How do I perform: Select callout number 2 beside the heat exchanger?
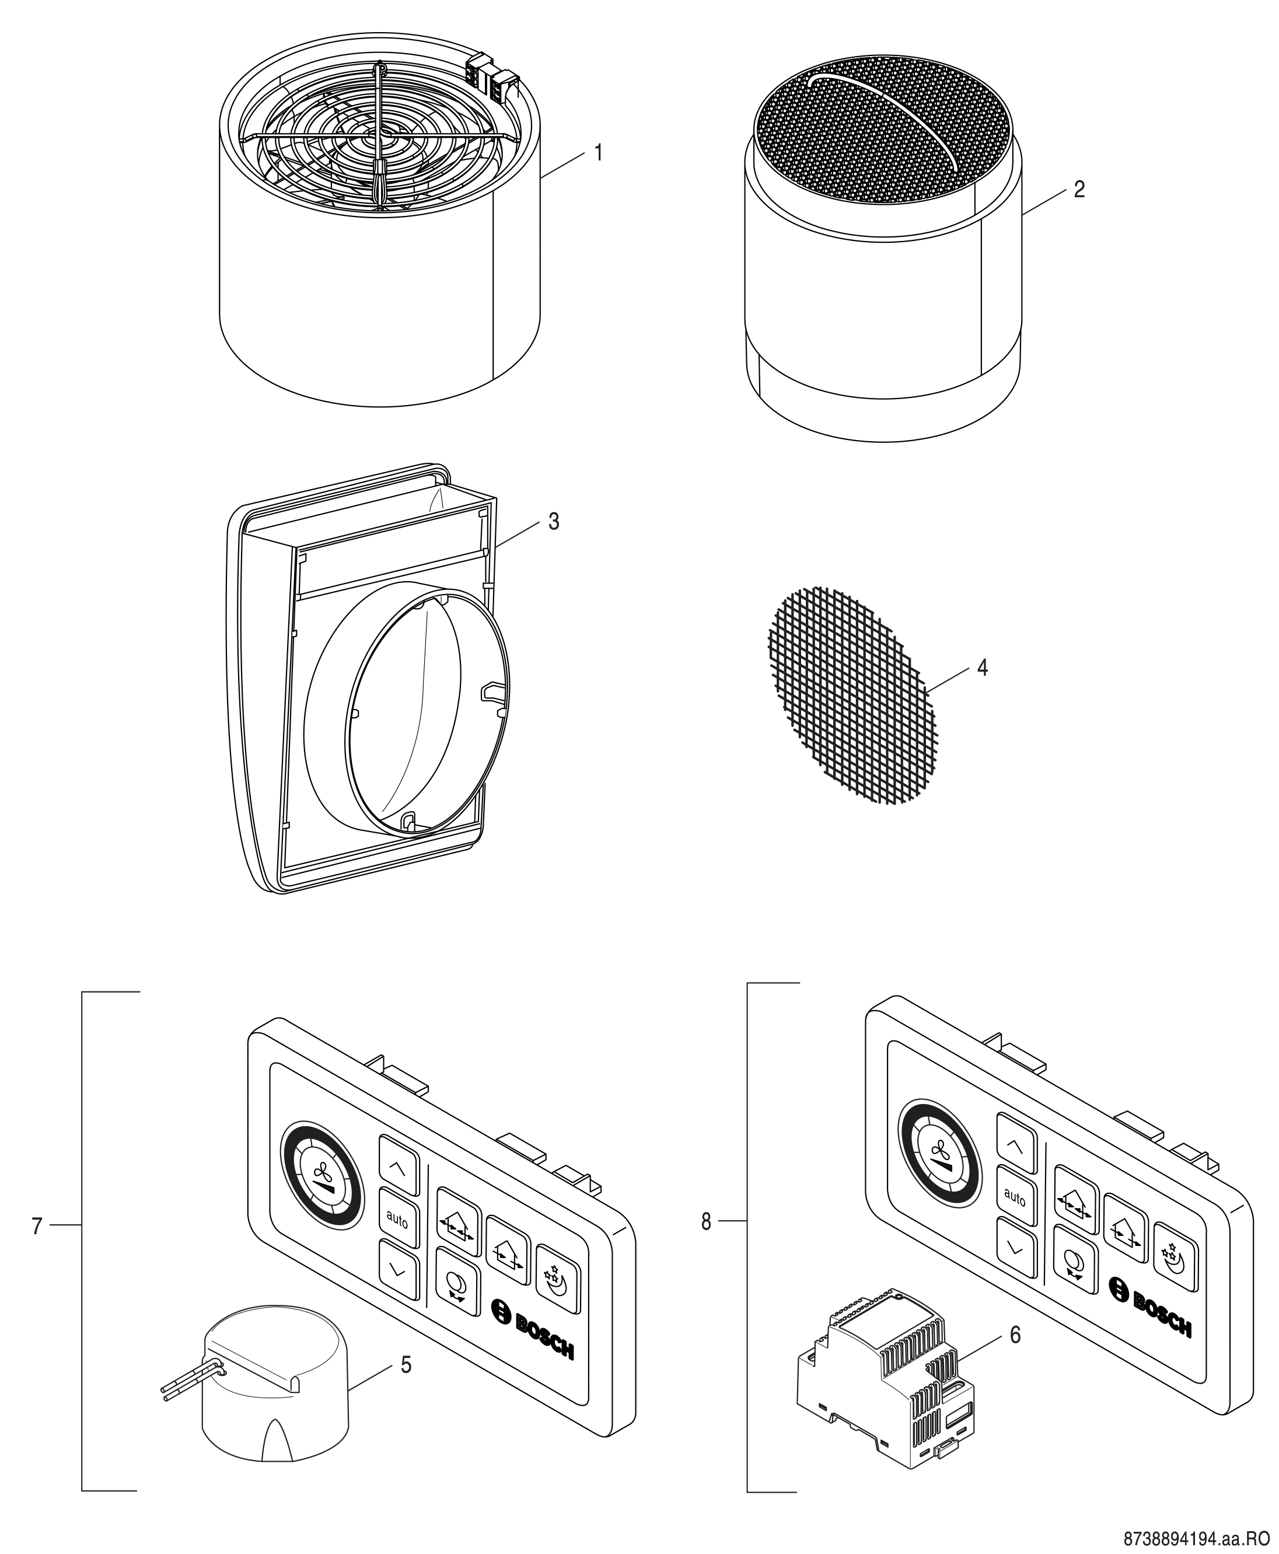tap(1079, 190)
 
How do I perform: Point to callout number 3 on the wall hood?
tap(553, 521)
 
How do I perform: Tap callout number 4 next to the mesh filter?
tap(982, 668)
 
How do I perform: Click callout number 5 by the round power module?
tap(406, 1364)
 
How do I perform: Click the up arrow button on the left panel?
tap(398, 1169)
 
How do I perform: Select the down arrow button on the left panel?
tap(398, 1270)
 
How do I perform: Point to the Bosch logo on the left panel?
tap(532, 1326)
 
